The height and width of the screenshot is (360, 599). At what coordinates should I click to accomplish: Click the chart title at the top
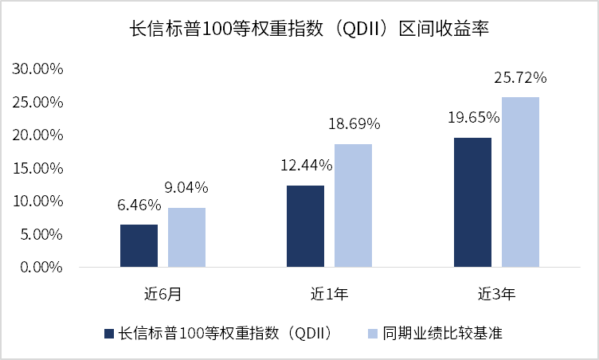point(309,29)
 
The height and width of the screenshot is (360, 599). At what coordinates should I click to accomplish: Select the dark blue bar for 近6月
point(139,246)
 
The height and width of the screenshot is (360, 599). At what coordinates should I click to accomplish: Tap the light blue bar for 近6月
point(187,237)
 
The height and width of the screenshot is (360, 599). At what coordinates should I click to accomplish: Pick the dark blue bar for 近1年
point(306,226)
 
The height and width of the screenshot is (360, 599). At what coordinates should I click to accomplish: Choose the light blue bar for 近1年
point(354,205)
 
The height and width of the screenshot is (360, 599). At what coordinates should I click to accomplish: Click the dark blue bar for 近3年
point(472,202)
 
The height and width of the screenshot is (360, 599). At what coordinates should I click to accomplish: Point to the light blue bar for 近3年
point(520,182)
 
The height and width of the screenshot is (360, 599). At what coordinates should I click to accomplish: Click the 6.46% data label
point(139,205)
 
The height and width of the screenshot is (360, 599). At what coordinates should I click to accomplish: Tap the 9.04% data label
point(186,187)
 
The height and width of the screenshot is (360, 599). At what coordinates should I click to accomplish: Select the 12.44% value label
point(307,165)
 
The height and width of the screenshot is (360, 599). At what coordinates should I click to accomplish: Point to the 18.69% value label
point(354,123)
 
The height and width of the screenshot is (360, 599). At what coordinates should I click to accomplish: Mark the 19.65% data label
point(474,117)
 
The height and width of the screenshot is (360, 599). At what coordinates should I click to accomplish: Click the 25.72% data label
point(520,77)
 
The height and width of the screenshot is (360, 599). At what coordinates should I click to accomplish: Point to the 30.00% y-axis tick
point(37,68)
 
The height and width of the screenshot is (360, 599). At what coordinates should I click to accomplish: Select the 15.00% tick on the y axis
point(37,168)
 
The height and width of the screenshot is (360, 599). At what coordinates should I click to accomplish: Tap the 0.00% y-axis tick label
point(41,267)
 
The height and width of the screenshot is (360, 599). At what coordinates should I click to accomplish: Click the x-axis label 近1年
point(329,294)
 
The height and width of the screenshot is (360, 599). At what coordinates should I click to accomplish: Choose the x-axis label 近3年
point(496,294)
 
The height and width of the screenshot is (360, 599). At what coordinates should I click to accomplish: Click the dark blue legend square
point(109,334)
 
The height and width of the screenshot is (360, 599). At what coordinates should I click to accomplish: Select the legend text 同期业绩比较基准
point(442,333)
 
